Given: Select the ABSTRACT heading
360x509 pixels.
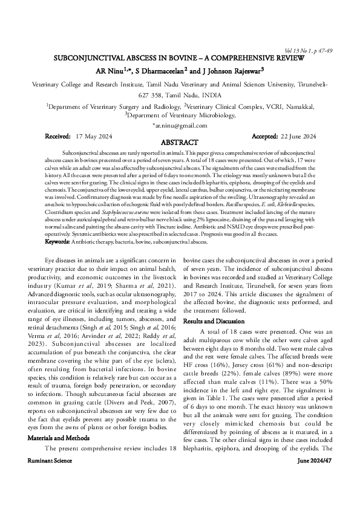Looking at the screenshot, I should pyautogui.click(x=180, y=142).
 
